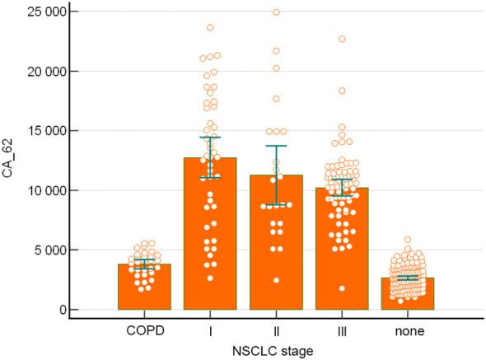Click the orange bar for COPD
144,288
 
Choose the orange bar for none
406,295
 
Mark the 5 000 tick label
49,250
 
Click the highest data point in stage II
276,12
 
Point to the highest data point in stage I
210,28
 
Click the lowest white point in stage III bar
341,288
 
